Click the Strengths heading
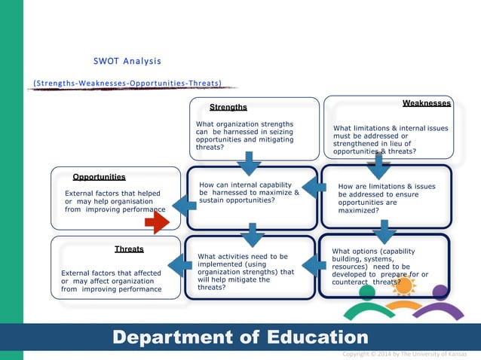[x=228, y=108]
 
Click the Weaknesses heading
[x=427, y=103]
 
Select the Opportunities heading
[x=99, y=177]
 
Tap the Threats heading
[x=129, y=248]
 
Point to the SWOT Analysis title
[x=127, y=60]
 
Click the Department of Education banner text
[x=240, y=337]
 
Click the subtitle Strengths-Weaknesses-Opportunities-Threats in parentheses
[x=127, y=82]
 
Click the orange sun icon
[x=403, y=285]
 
